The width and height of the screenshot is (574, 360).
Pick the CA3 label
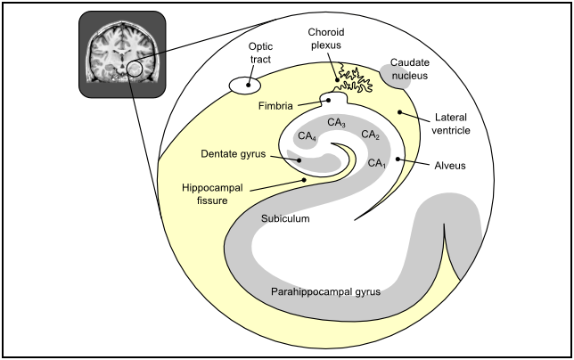tap(336, 123)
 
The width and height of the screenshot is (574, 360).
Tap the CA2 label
tap(371, 135)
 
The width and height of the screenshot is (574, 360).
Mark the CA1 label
tap(377, 163)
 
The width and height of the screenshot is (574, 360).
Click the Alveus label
tap(451, 166)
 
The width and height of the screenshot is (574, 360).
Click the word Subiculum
tap(286, 217)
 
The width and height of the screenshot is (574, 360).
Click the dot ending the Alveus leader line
tap(398, 160)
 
